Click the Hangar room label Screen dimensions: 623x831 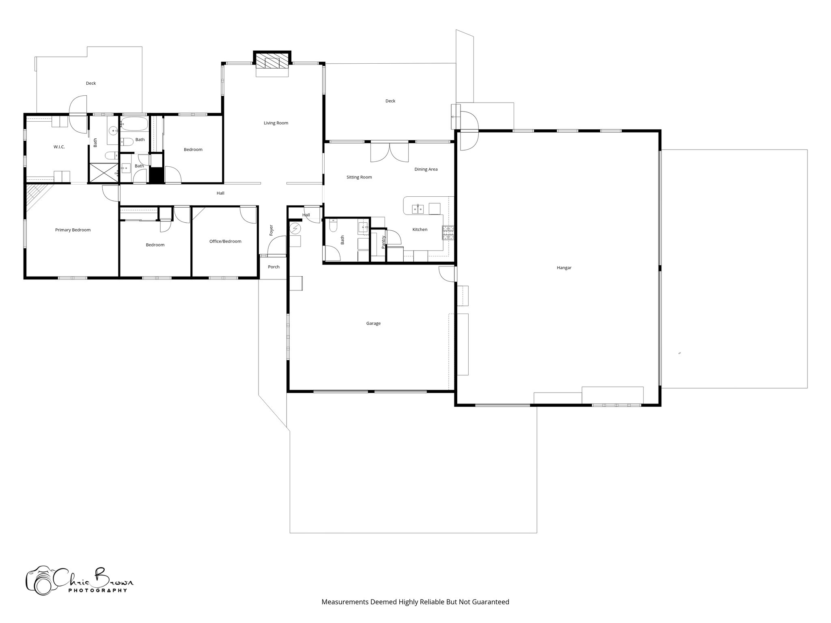tap(564, 268)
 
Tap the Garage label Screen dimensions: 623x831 tap(373, 323)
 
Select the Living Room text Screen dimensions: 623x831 tap(276, 123)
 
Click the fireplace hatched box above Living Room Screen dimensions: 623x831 tap(272, 63)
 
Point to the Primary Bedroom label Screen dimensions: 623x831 tap(73, 230)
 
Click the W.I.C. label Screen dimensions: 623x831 tap(59, 146)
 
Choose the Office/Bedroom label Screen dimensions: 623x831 tap(225, 241)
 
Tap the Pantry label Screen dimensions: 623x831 tap(383, 242)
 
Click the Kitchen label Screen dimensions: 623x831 tap(420, 230)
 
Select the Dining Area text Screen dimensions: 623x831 tap(426, 169)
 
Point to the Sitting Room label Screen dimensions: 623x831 tap(359, 177)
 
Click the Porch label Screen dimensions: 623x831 tap(274, 267)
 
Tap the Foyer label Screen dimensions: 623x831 tap(271, 230)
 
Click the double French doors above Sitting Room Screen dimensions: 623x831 tap(390, 152)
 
